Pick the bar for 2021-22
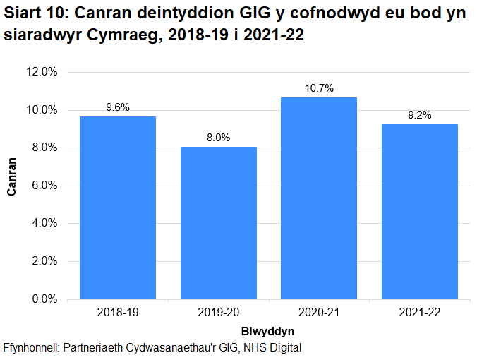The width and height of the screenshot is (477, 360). pyautogui.click(x=420, y=212)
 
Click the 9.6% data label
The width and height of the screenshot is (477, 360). pyautogui.click(x=118, y=107)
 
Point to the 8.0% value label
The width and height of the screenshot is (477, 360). pyautogui.click(x=219, y=138)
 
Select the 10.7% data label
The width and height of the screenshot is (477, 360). pyautogui.click(x=319, y=88)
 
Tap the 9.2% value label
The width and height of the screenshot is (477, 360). pyautogui.click(x=420, y=115)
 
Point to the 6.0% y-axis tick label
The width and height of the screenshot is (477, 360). pyautogui.click(x=44, y=186)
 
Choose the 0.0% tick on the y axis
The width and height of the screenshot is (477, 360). pyautogui.click(x=44, y=299)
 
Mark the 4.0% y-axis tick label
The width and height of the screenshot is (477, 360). pyautogui.click(x=44, y=224)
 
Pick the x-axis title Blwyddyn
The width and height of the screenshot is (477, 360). pyautogui.click(x=269, y=330)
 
